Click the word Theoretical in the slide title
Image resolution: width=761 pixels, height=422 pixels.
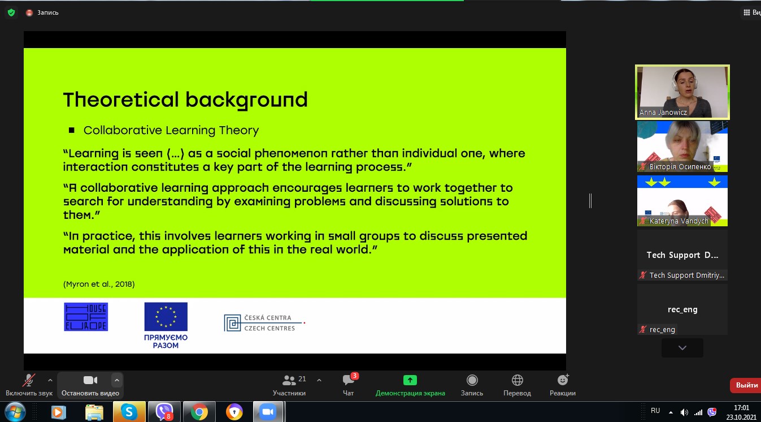(121, 100)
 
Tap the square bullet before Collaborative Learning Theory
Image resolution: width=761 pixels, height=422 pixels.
(71, 130)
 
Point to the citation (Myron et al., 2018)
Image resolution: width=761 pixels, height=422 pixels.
(99, 284)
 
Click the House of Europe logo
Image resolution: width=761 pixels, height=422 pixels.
(86, 317)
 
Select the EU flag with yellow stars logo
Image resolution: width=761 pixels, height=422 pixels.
(166, 317)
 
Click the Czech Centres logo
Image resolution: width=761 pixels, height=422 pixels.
(264, 322)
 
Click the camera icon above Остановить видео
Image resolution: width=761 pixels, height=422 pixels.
(90, 380)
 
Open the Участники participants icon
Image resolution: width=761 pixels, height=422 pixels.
(289, 380)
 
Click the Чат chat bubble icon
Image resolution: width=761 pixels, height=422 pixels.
(348, 380)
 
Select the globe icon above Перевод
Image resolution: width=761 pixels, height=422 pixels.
(517, 380)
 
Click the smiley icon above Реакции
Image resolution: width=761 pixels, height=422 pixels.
(563, 380)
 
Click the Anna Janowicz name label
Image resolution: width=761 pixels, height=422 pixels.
(663, 112)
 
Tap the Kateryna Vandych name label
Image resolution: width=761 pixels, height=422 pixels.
(679, 221)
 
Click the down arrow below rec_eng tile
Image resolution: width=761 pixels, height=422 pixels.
(682, 347)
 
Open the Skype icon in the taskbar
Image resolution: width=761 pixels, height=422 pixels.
(129, 412)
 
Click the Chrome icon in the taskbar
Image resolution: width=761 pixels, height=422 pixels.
(199, 412)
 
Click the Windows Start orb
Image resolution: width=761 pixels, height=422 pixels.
(15, 412)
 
